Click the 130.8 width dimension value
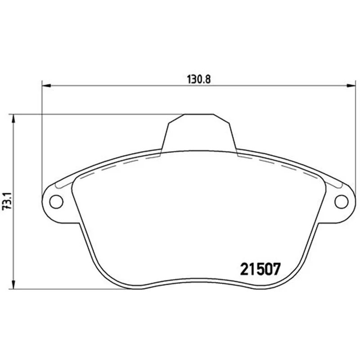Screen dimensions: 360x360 click(198, 80)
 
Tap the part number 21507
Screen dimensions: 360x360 click(260, 269)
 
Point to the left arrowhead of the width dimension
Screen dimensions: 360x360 click(46, 85)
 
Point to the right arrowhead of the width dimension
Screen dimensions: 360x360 click(351, 85)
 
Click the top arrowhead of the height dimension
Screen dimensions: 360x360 click(13, 118)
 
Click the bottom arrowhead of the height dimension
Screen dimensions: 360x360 click(13, 284)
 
